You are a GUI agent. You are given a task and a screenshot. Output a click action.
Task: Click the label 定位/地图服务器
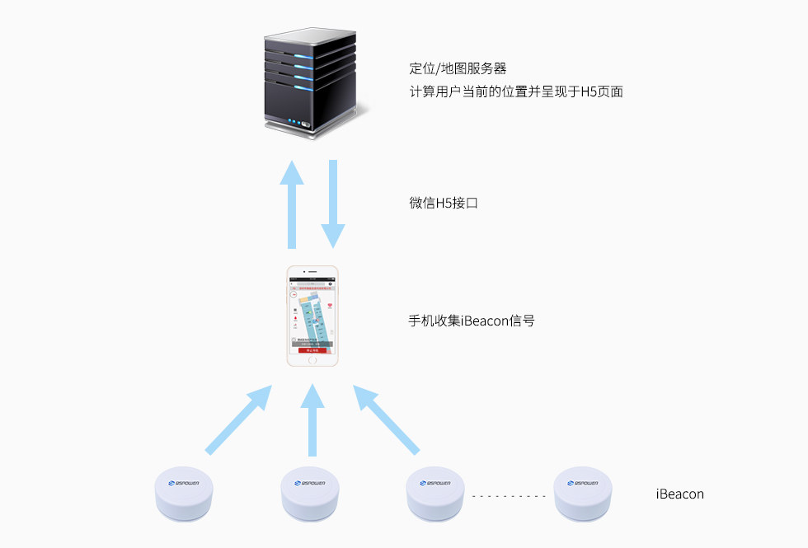coord(457,68)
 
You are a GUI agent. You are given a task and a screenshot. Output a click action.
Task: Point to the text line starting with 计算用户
coord(515,91)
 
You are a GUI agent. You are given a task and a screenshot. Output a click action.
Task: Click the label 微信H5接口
coord(443,202)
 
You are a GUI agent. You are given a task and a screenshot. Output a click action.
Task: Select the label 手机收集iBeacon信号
coord(471,320)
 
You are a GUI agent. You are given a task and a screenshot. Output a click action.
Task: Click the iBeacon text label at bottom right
coord(679,494)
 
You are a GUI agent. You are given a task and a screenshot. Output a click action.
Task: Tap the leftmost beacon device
coord(183,494)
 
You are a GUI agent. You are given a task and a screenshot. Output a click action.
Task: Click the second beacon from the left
coord(310,494)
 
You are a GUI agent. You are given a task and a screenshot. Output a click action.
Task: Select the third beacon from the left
coord(437,494)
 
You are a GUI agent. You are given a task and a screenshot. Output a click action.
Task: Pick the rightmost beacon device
coord(583,494)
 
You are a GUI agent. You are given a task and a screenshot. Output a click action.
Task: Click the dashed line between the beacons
coord(509,496)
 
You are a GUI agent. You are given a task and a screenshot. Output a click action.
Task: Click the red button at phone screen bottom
coord(312,349)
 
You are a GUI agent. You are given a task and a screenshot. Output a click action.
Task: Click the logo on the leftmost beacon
coord(183,484)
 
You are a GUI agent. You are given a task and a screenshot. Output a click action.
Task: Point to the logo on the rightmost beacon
coord(583,484)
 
